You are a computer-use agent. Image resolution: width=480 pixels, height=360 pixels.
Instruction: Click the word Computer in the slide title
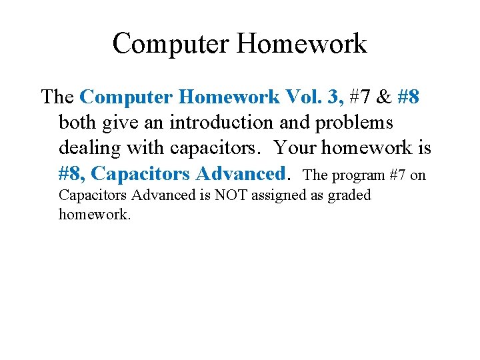(171, 43)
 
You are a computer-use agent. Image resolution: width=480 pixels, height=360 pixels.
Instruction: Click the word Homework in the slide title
(301, 43)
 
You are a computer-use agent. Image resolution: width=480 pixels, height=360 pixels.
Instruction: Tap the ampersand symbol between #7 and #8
(383, 97)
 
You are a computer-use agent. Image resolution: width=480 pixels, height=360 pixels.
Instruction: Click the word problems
(357, 123)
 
